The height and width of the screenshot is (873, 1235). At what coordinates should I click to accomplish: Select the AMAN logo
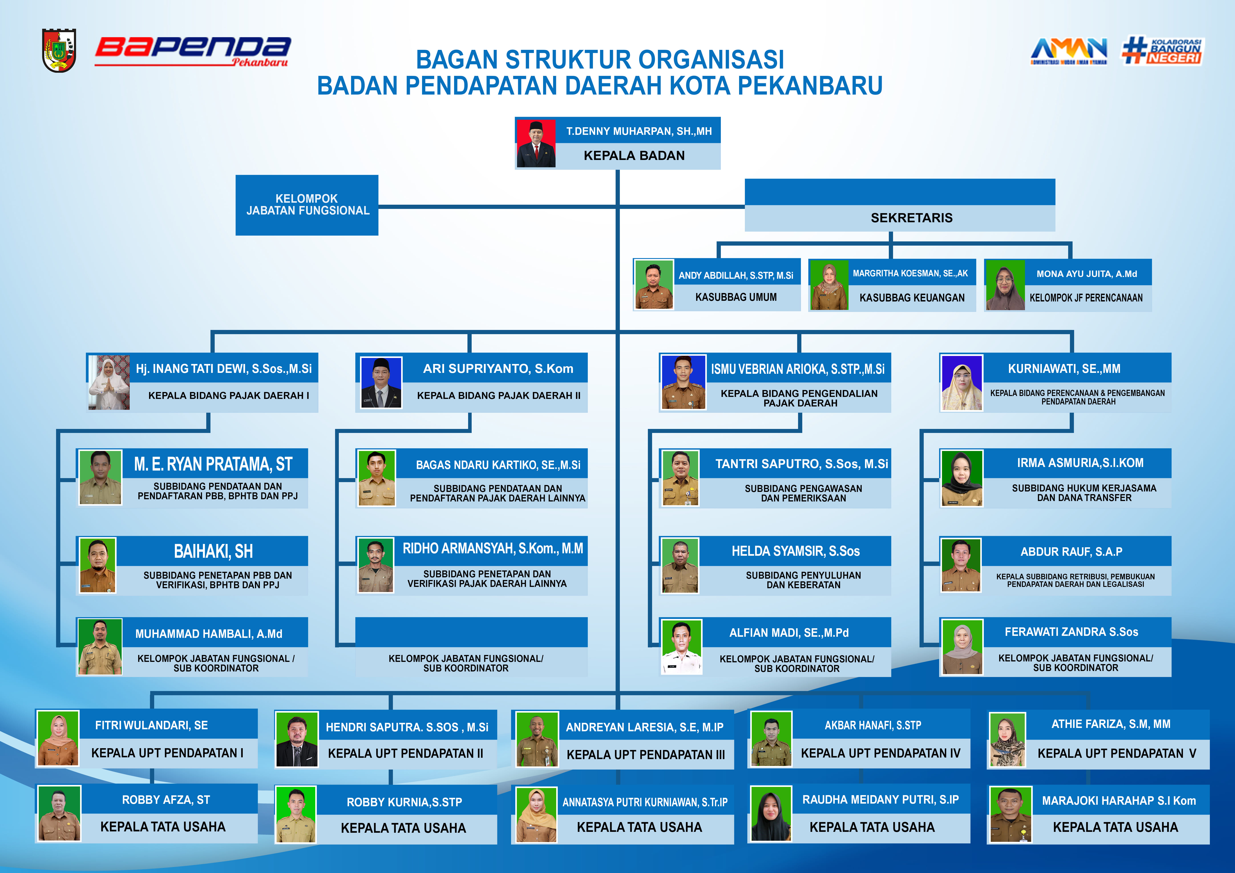pyautogui.click(x=1069, y=51)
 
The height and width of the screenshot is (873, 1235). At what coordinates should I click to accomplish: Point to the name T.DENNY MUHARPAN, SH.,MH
pyautogui.click(x=639, y=131)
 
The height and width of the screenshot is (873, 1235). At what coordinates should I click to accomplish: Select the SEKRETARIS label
pyautogui.click(x=911, y=218)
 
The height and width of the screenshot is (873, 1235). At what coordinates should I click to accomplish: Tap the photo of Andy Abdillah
pyautogui.click(x=653, y=285)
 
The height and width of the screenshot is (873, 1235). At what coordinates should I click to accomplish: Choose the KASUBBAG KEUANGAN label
pyautogui.click(x=912, y=297)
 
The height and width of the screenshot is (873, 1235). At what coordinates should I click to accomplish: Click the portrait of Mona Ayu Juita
pyautogui.click(x=1005, y=285)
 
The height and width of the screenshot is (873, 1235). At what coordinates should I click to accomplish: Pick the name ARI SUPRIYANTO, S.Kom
pyautogui.click(x=498, y=368)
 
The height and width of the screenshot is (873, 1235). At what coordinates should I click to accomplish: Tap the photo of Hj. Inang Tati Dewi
pyautogui.click(x=109, y=382)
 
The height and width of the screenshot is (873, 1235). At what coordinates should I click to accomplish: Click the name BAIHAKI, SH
pyautogui.click(x=213, y=551)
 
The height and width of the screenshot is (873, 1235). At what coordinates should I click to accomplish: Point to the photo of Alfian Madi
pyautogui.click(x=681, y=647)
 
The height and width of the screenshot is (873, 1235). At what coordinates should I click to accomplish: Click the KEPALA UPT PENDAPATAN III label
pyautogui.click(x=645, y=755)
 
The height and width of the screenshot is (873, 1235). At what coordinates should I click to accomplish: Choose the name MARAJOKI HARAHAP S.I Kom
pyautogui.click(x=1119, y=800)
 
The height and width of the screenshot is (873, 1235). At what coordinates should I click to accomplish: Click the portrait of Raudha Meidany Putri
pyautogui.click(x=771, y=814)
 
